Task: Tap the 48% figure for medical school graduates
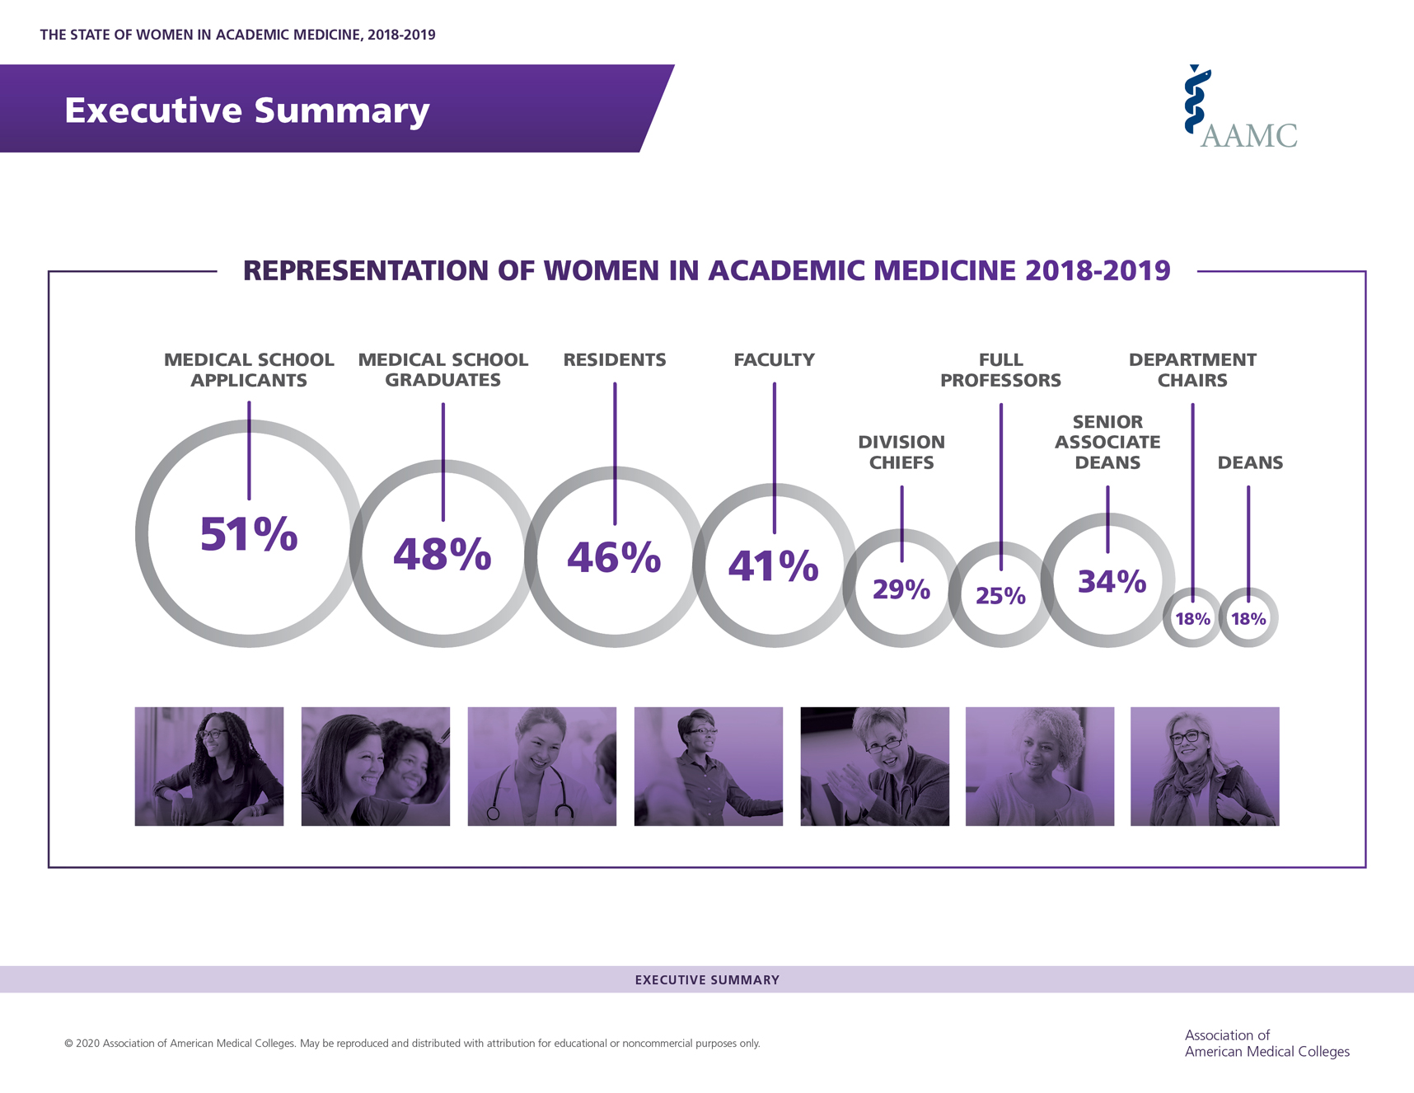[x=442, y=554]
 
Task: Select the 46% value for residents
[x=614, y=557]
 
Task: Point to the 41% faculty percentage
[x=773, y=565]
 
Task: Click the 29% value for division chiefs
[x=901, y=589]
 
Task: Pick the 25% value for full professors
[x=1000, y=596]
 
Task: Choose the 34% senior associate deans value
[x=1112, y=582]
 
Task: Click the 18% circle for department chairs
[x=1192, y=618]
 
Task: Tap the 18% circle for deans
[x=1248, y=618]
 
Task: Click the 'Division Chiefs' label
[x=901, y=452]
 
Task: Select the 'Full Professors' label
[x=1000, y=370]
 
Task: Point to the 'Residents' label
[x=615, y=359]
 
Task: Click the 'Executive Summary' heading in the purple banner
[x=247, y=110]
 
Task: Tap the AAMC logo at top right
[x=1240, y=106]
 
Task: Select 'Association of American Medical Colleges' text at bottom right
[x=1267, y=1044]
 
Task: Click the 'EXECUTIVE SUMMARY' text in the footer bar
[x=707, y=980]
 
